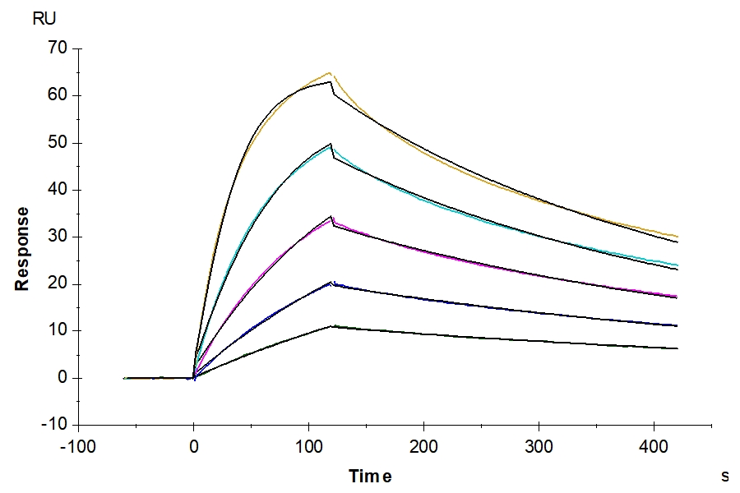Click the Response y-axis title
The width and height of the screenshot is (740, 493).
[22, 248]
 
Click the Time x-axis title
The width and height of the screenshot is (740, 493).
[370, 477]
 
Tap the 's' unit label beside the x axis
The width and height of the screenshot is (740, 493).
[724, 475]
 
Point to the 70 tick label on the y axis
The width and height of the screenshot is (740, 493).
[57, 48]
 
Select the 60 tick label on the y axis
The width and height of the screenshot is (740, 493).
[57, 95]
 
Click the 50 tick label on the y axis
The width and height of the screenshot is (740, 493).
[57, 143]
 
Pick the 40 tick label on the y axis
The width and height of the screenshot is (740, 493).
[57, 190]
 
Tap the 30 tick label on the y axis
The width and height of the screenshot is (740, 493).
[57, 237]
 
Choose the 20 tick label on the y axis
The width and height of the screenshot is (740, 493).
[57, 284]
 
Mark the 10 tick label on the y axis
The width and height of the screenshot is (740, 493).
[57, 331]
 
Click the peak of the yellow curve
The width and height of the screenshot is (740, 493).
[329, 73]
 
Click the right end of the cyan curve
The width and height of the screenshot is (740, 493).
[678, 265]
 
